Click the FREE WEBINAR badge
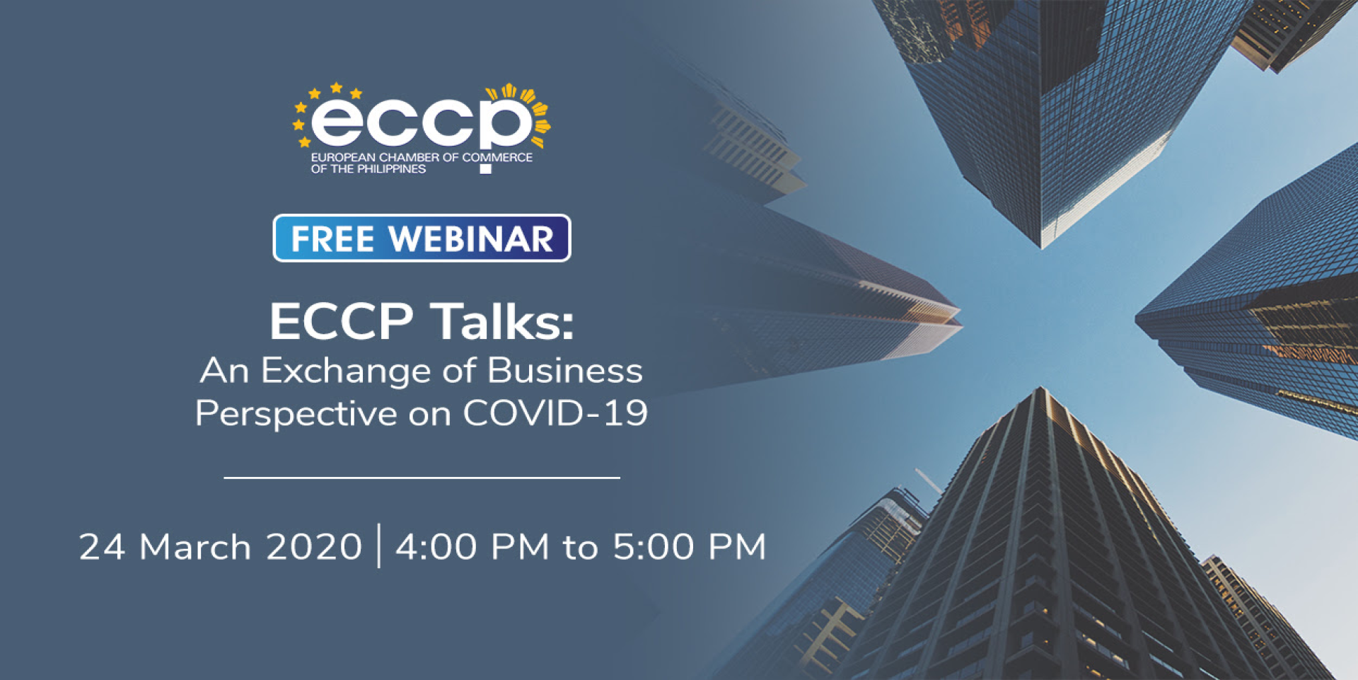click(x=422, y=238)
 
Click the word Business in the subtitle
click(x=564, y=371)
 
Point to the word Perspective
click(x=296, y=414)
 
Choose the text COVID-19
click(x=555, y=413)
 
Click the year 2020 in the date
click(x=314, y=547)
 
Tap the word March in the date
click(x=195, y=547)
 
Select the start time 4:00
click(x=436, y=547)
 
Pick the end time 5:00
click(x=654, y=547)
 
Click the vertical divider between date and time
click(x=379, y=546)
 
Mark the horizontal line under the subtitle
click(x=422, y=478)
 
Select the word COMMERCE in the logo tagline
click(x=497, y=157)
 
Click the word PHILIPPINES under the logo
click(x=391, y=169)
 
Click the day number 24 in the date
click(x=102, y=547)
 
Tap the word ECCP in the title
click(x=342, y=321)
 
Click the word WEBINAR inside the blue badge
click(x=471, y=238)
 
